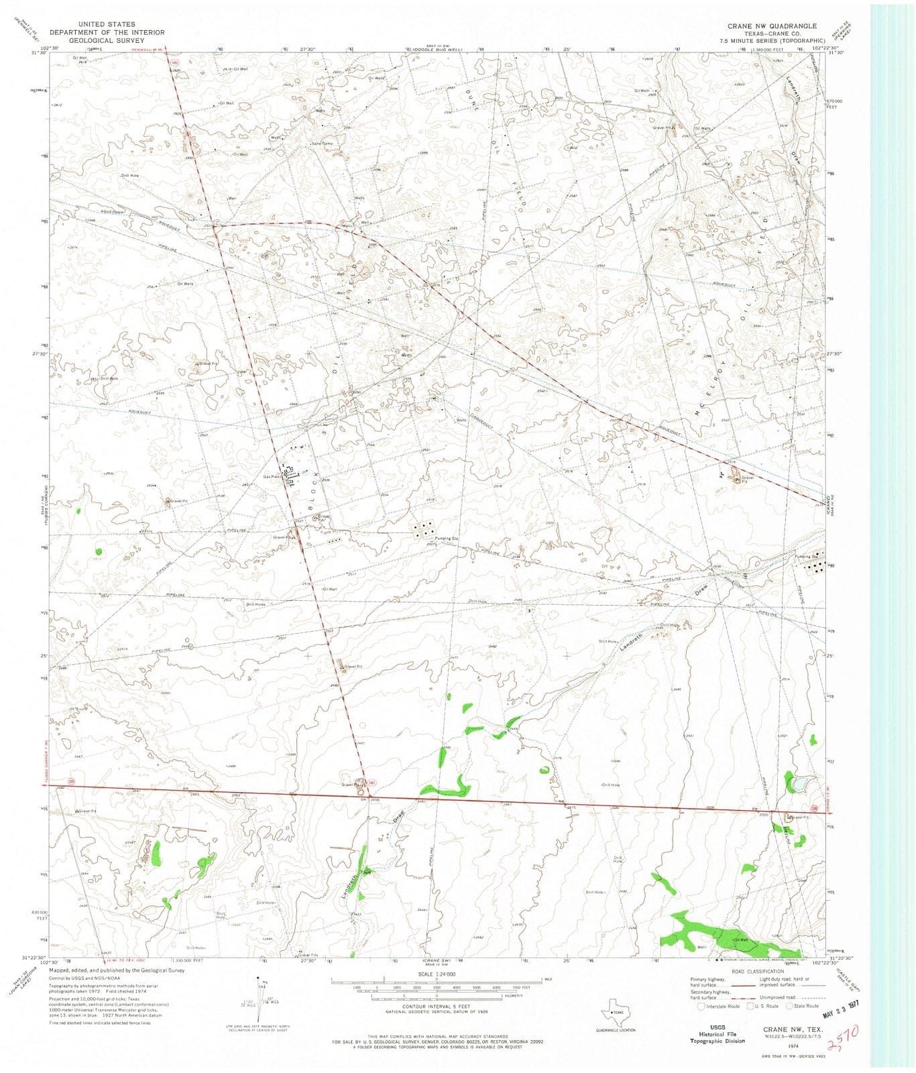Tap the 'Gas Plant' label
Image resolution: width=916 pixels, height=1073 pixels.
point(271,477)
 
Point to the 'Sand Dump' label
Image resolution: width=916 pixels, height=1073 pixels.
point(323,144)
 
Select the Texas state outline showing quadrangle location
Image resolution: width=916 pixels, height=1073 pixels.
point(616,1010)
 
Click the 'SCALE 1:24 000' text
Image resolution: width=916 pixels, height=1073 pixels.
point(437,974)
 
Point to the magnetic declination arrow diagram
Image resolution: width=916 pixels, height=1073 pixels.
point(260,999)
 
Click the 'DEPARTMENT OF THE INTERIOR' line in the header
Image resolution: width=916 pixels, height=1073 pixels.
point(107,32)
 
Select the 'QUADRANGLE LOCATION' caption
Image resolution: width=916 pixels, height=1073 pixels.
point(616,1029)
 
